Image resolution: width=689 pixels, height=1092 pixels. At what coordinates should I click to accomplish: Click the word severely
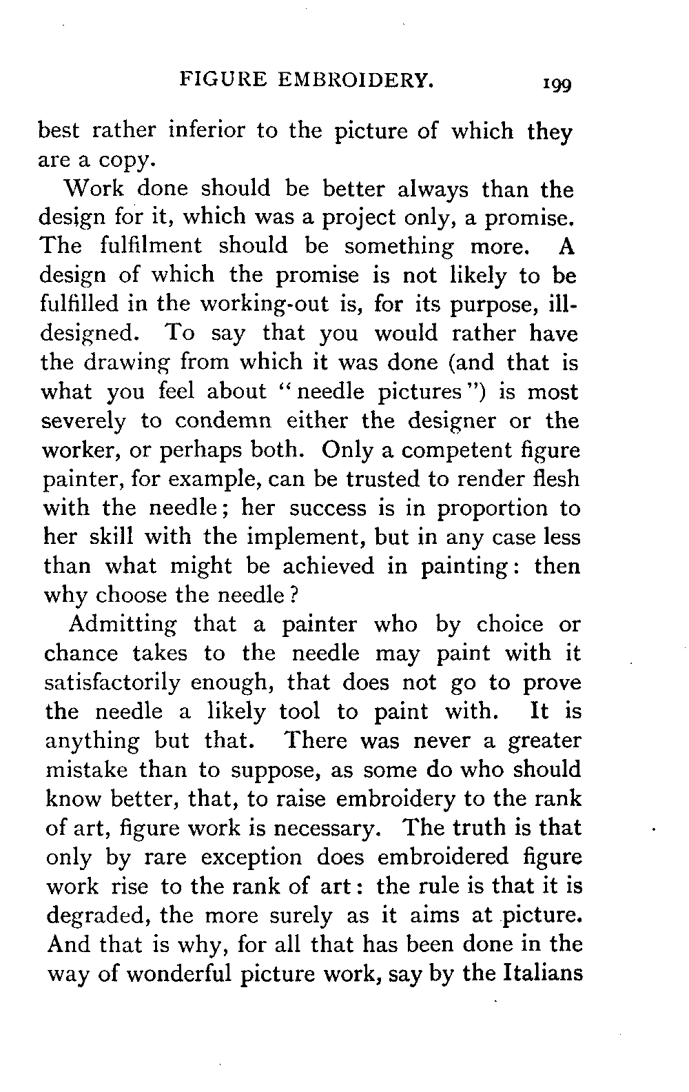point(85,421)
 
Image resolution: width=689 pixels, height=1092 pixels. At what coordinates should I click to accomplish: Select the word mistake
point(85,769)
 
